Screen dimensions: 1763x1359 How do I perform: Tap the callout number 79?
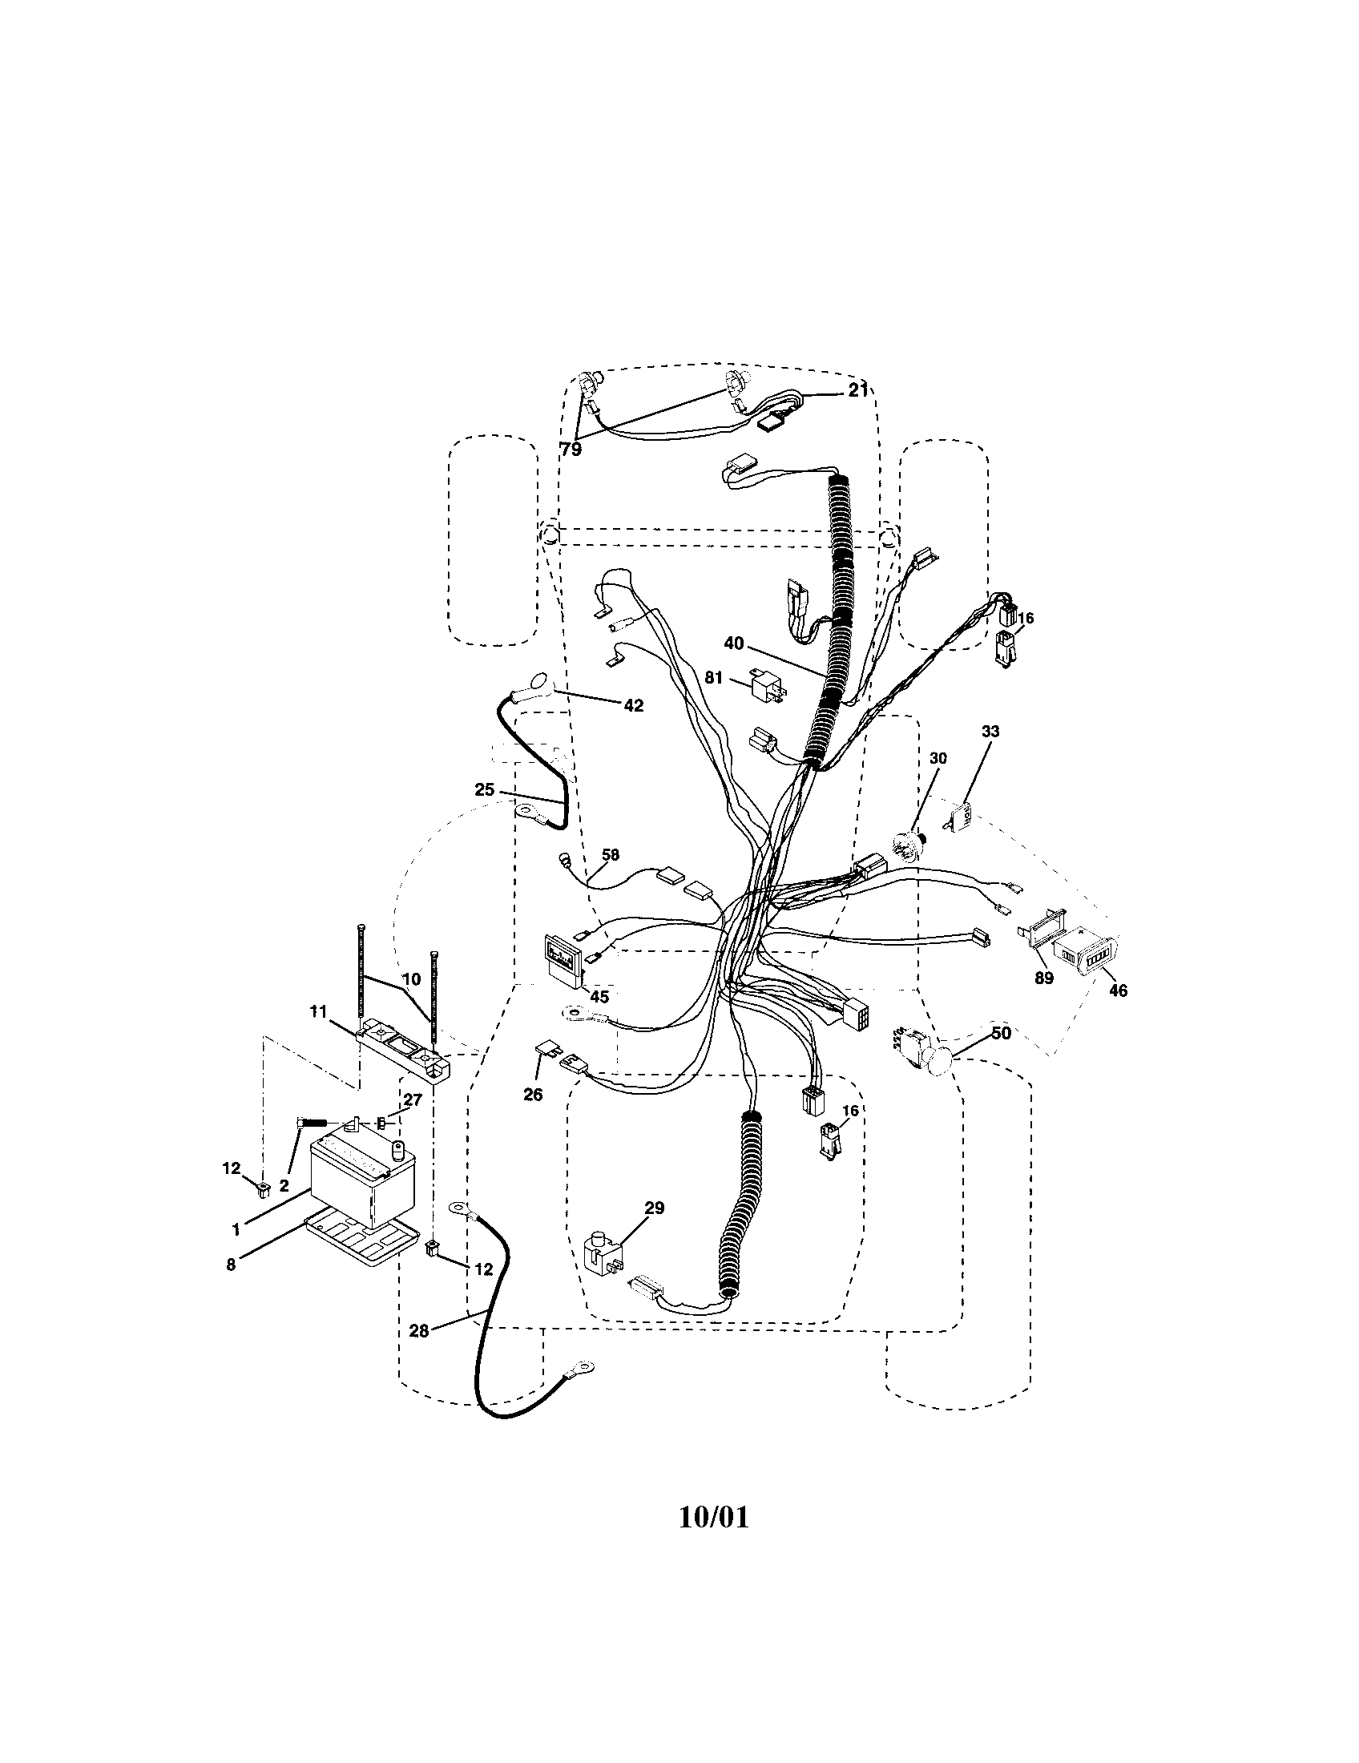571,450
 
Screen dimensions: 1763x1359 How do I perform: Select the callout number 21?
857,391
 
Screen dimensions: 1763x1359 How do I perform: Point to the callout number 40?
733,643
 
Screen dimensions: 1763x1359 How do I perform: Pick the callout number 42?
634,705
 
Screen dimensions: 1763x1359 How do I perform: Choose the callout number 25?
484,790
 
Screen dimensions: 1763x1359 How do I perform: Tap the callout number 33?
990,732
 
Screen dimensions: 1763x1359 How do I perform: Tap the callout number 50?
1001,1033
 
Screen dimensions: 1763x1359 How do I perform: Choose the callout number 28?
419,1331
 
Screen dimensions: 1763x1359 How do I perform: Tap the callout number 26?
533,1095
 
